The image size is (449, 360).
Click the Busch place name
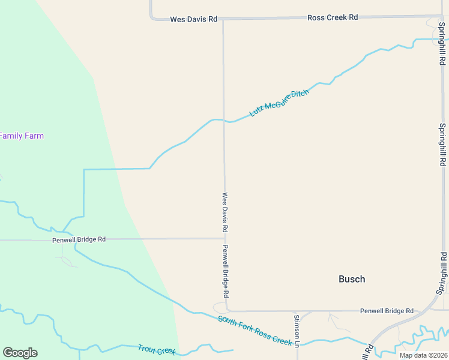(352, 279)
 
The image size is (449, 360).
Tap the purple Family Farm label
(22, 136)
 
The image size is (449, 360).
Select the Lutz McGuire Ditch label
(279, 103)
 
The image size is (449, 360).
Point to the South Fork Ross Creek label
(255, 331)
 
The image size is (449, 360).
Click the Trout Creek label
(156, 349)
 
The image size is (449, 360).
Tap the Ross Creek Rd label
(333, 17)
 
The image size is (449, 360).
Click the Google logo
(20, 353)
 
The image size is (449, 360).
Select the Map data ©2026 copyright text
(423, 355)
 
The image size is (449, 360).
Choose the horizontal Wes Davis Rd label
(193, 19)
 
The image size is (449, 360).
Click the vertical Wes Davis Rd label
(225, 212)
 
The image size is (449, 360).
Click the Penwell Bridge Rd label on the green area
(79, 239)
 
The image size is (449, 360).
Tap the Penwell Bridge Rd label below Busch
(387, 311)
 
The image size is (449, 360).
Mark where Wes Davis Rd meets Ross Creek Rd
(223, 19)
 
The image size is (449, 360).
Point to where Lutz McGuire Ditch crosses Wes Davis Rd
(224, 121)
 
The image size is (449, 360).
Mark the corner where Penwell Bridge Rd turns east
(227, 310)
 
